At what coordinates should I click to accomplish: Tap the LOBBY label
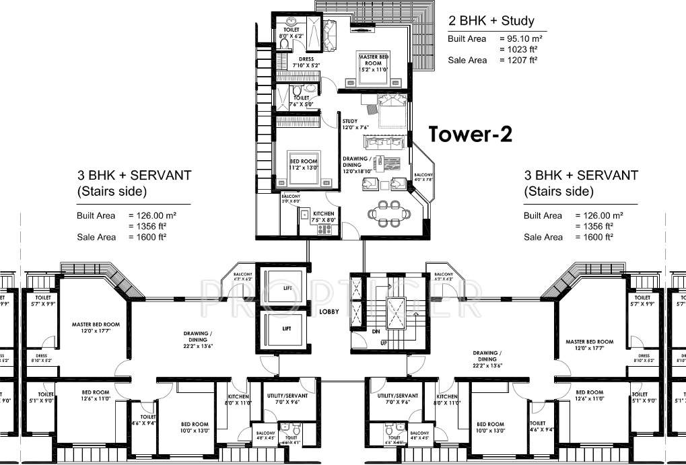tap(329, 312)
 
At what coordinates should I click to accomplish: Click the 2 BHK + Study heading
tap(492, 21)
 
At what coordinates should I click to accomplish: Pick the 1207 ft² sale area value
tap(518, 60)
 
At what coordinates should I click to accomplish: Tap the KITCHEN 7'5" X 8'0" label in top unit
tap(323, 215)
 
